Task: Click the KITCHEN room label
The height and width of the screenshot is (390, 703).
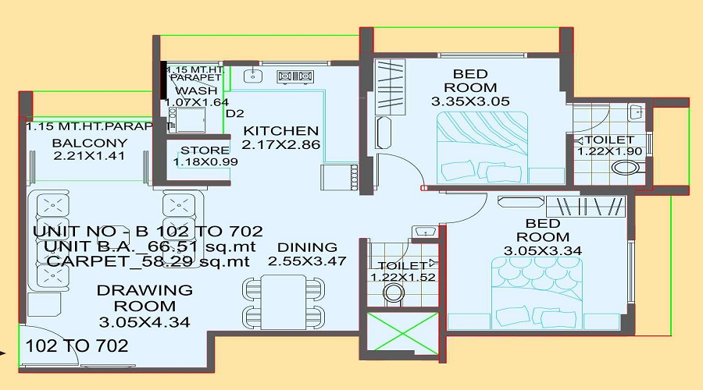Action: tap(280, 131)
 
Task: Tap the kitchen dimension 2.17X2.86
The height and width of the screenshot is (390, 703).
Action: tap(280, 144)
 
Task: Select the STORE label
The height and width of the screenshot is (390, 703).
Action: tap(205, 151)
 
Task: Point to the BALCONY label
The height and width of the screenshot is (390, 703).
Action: tap(90, 144)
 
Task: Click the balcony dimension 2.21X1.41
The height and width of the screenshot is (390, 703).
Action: tap(89, 156)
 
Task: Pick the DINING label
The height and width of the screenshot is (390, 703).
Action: tap(307, 247)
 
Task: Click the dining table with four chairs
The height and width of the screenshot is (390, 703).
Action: tap(284, 301)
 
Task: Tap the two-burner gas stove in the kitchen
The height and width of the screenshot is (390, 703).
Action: tap(295, 76)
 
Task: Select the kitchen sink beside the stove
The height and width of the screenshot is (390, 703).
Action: tap(253, 76)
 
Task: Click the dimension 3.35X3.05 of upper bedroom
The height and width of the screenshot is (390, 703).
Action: tap(470, 101)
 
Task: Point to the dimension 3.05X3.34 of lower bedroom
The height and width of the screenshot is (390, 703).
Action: tap(543, 250)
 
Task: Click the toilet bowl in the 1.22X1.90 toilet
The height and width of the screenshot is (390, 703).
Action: tap(626, 168)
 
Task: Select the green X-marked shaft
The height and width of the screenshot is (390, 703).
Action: tap(402, 331)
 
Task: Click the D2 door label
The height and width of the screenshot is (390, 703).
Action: tap(234, 114)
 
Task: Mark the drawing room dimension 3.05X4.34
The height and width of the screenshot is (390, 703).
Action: tap(145, 322)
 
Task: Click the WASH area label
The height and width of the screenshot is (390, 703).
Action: tap(196, 91)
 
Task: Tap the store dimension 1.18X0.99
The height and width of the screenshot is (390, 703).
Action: tap(205, 161)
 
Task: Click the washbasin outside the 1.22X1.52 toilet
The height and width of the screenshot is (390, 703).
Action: tap(424, 232)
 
